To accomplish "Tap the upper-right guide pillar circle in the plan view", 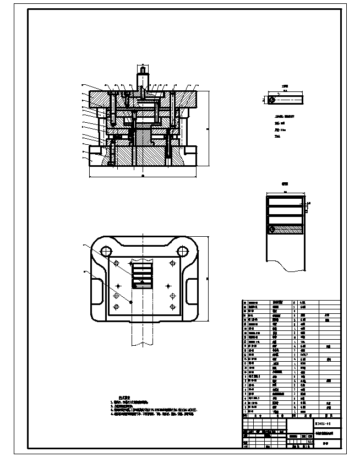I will pyautogui.click(x=181, y=251).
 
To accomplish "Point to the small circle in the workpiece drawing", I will pyautogui.click(x=271, y=100).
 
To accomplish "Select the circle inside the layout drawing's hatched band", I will pyautogui.click(x=271, y=229).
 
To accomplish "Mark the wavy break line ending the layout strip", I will pyautogui.click(x=286, y=269).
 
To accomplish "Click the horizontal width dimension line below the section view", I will pyautogui.click(x=143, y=177).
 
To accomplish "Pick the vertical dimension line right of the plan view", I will pyautogui.click(x=208, y=279).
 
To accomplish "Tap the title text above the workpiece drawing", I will pyautogui.click(x=285, y=86).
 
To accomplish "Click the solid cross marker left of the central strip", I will pyautogui.click(x=118, y=287).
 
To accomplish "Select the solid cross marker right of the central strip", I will pyautogui.click(x=168, y=287).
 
